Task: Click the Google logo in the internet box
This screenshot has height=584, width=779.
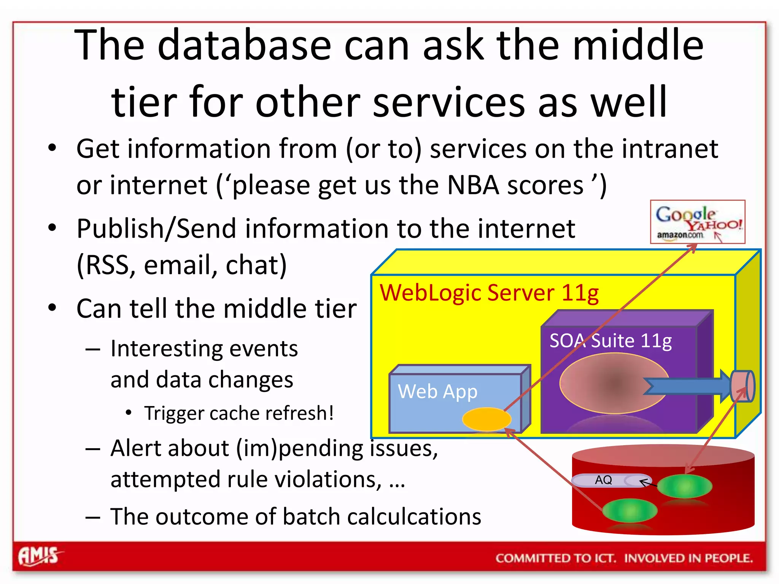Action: [x=685, y=214]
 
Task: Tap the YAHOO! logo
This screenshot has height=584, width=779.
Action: [x=714, y=225]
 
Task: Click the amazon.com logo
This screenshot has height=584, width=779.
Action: [x=680, y=235]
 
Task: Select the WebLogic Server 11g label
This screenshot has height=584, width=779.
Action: [x=489, y=293]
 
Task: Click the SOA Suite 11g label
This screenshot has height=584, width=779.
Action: [x=610, y=340]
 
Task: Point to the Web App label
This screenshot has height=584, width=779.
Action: [x=437, y=391]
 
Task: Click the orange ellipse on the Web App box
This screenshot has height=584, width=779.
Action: [x=486, y=419]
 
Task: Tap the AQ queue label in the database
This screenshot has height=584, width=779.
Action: [x=603, y=480]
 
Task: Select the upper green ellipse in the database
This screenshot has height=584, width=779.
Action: [x=684, y=486]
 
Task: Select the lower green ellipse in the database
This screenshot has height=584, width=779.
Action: [x=630, y=511]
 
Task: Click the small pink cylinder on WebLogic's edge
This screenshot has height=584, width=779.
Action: [x=742, y=386]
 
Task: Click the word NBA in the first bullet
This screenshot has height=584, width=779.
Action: [x=473, y=186]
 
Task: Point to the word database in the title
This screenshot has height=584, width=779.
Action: [x=245, y=46]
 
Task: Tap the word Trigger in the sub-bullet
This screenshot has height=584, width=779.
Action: [x=175, y=413]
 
